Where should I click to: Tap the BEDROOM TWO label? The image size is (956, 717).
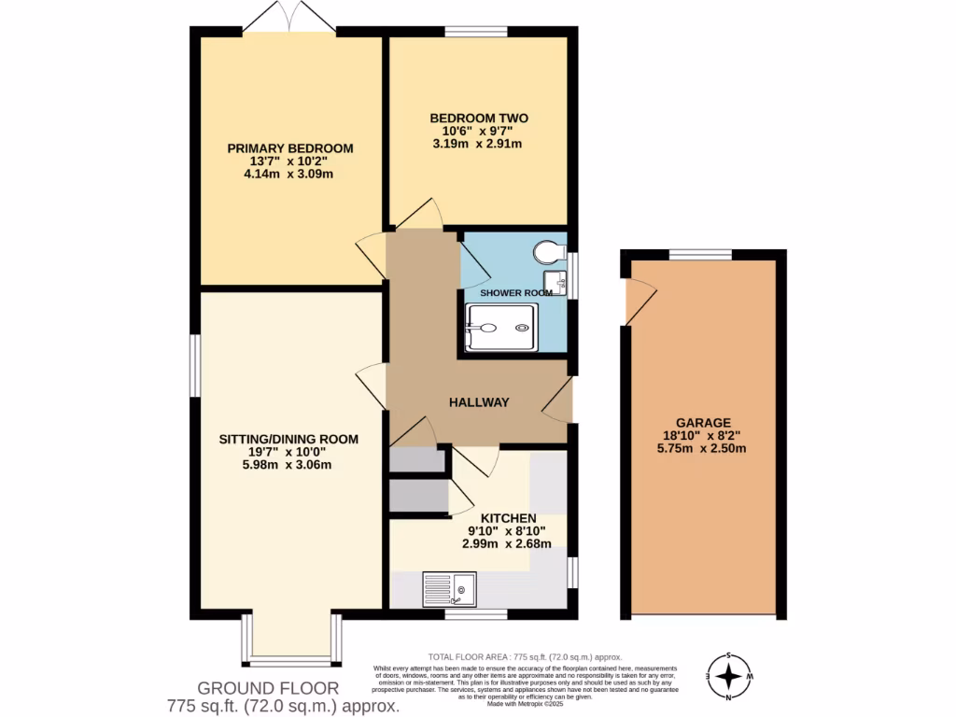(x=478, y=118)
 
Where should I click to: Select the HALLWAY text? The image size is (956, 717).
(x=479, y=402)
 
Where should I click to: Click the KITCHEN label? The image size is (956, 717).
(x=508, y=518)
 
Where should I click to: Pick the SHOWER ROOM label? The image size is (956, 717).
(x=516, y=292)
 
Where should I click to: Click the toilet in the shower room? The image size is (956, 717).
(x=547, y=251)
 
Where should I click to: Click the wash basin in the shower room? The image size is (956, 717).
(x=557, y=279)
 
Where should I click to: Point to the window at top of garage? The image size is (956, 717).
(x=700, y=253)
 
